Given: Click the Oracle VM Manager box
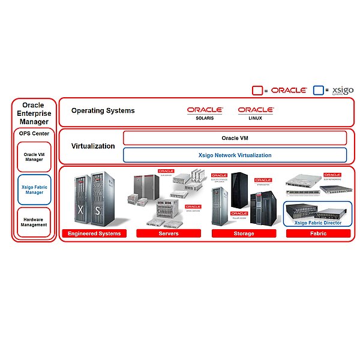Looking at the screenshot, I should pyautogui.click(x=34, y=157).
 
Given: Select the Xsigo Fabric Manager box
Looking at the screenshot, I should pyautogui.click(x=34, y=190).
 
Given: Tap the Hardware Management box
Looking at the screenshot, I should pyautogui.click(x=34, y=222).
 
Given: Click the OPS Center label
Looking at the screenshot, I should pyautogui.click(x=34, y=133).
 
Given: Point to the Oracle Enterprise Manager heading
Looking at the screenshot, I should pyautogui.click(x=34, y=113).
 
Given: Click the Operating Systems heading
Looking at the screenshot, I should pyautogui.click(x=103, y=110).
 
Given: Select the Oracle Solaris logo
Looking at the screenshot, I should pyautogui.click(x=205, y=112).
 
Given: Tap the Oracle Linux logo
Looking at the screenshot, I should pyautogui.click(x=256, y=112).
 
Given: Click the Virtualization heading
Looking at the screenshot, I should pyautogui.click(x=93, y=146).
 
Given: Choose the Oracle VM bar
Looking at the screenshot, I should pyautogui.click(x=235, y=138).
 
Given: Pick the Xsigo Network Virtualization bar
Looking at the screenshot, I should pyautogui.click(x=235, y=155).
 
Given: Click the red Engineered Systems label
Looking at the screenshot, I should pyautogui.click(x=94, y=233).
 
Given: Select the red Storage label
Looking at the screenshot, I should pyautogui.click(x=243, y=233).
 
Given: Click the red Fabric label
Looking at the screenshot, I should pyautogui.click(x=318, y=233).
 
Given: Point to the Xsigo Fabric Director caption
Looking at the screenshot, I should pyautogui.click(x=318, y=223).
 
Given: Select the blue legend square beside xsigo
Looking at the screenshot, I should pyautogui.click(x=318, y=91).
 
